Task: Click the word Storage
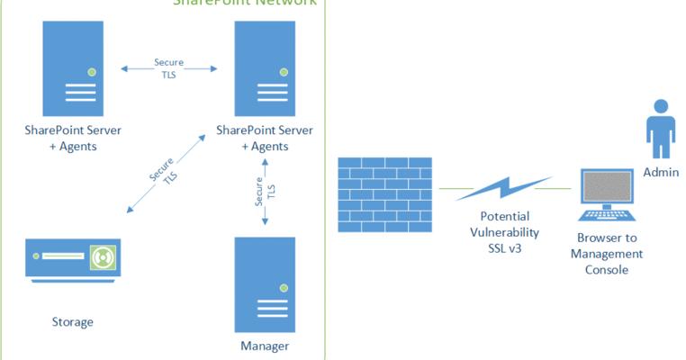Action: coord(72,321)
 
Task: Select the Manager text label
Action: coord(265,346)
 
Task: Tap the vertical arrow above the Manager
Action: coord(264,193)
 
